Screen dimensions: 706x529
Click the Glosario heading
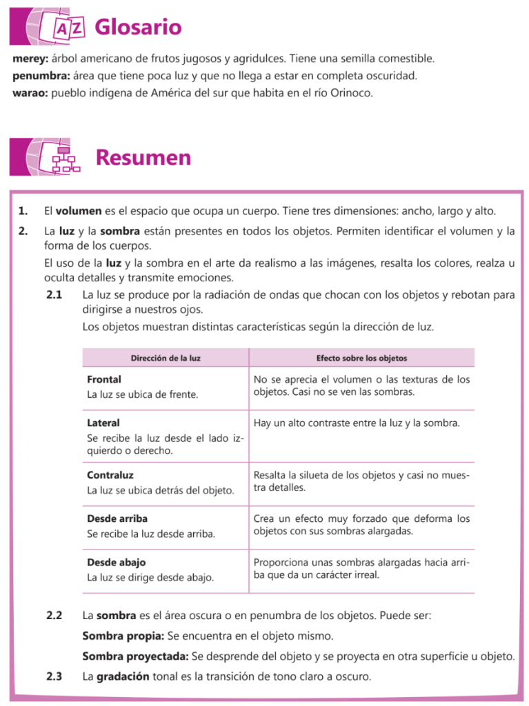click(138, 28)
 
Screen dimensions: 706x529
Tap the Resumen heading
click(143, 158)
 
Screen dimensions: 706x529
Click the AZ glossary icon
click(68, 28)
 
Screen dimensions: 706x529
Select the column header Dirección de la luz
click(166, 359)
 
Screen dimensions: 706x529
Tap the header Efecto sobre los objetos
click(361, 359)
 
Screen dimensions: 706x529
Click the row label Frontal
click(104, 380)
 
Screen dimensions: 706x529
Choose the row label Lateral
click(103, 423)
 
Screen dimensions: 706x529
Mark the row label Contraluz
click(110, 475)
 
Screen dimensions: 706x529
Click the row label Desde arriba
click(117, 518)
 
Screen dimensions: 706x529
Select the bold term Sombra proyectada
click(134, 656)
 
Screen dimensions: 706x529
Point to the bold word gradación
click(121, 676)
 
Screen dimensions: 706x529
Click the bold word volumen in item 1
click(79, 210)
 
